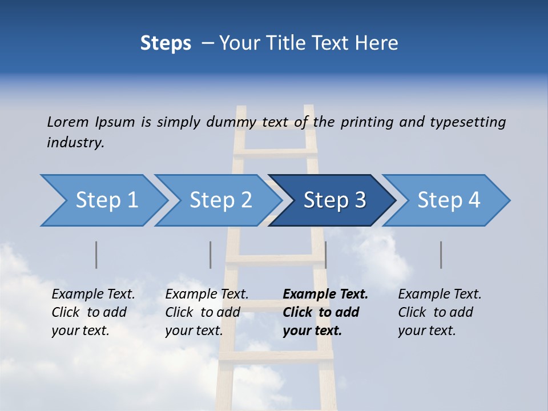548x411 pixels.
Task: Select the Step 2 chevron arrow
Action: (x=220, y=200)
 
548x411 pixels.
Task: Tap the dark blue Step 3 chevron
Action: (x=335, y=200)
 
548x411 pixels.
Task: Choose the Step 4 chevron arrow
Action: (x=449, y=200)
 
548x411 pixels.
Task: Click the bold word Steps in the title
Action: (x=166, y=43)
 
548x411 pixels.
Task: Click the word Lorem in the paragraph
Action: (x=67, y=122)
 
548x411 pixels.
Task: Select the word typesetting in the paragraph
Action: (x=468, y=122)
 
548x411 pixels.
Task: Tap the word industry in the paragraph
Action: (x=75, y=143)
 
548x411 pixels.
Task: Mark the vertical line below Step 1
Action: (x=96, y=255)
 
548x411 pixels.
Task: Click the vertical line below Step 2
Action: (x=211, y=255)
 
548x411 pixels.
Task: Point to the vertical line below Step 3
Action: (x=325, y=255)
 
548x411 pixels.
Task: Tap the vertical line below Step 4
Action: (x=441, y=255)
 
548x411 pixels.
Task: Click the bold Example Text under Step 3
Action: (x=325, y=294)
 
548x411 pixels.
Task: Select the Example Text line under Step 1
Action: (x=93, y=294)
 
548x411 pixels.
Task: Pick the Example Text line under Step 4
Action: (x=440, y=294)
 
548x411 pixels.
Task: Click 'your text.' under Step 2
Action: (x=194, y=331)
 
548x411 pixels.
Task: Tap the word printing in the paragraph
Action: (x=365, y=122)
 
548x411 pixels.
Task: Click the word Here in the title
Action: (x=377, y=43)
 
